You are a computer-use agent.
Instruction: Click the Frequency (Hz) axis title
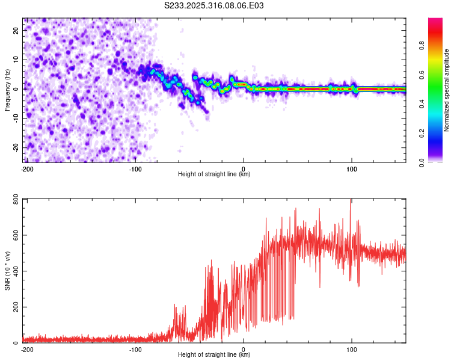(7, 89)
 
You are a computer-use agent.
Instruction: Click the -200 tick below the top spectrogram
(27, 168)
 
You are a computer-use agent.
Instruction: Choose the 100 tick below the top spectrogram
(352, 168)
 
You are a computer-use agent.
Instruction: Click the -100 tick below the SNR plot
(135, 349)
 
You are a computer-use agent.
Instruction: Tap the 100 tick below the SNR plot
(352, 349)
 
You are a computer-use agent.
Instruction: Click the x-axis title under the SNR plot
(214, 355)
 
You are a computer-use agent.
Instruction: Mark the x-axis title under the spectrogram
(214, 174)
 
